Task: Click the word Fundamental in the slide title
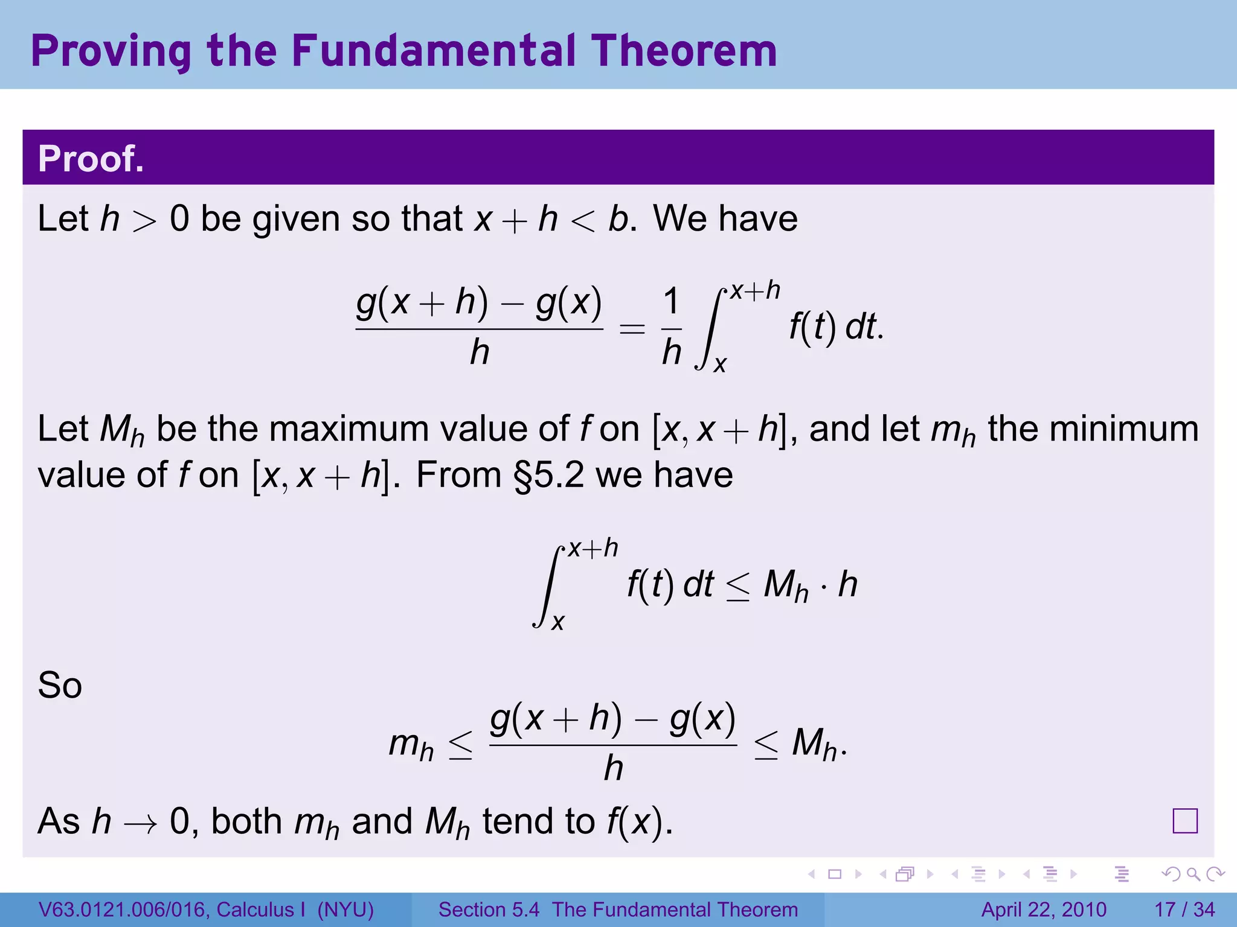[433, 51]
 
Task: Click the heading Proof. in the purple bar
[91, 159]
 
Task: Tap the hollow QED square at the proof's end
[1184, 821]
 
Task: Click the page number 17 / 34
[1184, 909]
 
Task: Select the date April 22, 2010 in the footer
[1044, 909]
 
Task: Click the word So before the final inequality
[59, 686]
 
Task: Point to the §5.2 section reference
[548, 475]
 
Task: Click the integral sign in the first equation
[710, 329]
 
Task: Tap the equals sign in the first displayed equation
[632, 330]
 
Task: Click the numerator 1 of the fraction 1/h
[671, 301]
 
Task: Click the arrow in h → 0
[141, 823]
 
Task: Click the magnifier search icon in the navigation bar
[1193, 874]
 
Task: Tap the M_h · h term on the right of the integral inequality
[810, 585]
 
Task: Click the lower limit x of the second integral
[557, 622]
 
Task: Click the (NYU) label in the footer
[345, 909]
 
